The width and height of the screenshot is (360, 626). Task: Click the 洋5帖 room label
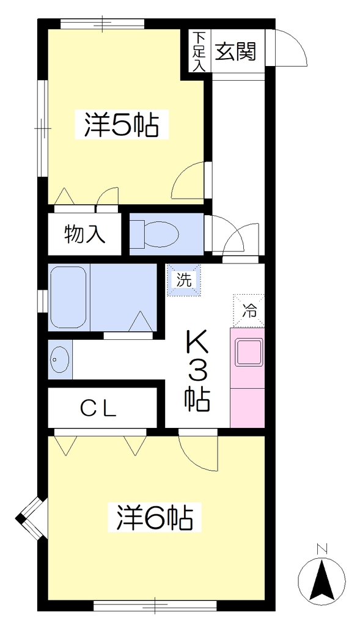(x=121, y=126)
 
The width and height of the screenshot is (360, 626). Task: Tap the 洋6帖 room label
(x=155, y=518)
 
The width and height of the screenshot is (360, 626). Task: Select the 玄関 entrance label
(x=235, y=51)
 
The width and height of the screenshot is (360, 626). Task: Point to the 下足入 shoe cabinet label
(x=199, y=52)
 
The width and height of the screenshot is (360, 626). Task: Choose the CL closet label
(x=98, y=408)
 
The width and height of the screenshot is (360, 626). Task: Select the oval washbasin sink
(x=60, y=359)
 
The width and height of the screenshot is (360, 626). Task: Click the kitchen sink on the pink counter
(x=249, y=352)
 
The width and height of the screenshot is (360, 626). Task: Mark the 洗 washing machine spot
(x=184, y=280)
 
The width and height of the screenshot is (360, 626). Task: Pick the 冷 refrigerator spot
(x=249, y=311)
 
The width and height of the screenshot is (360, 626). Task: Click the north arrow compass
(x=321, y=579)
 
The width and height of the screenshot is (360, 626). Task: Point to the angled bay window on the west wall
(x=31, y=518)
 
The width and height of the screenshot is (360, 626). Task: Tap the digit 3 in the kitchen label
(x=197, y=373)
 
